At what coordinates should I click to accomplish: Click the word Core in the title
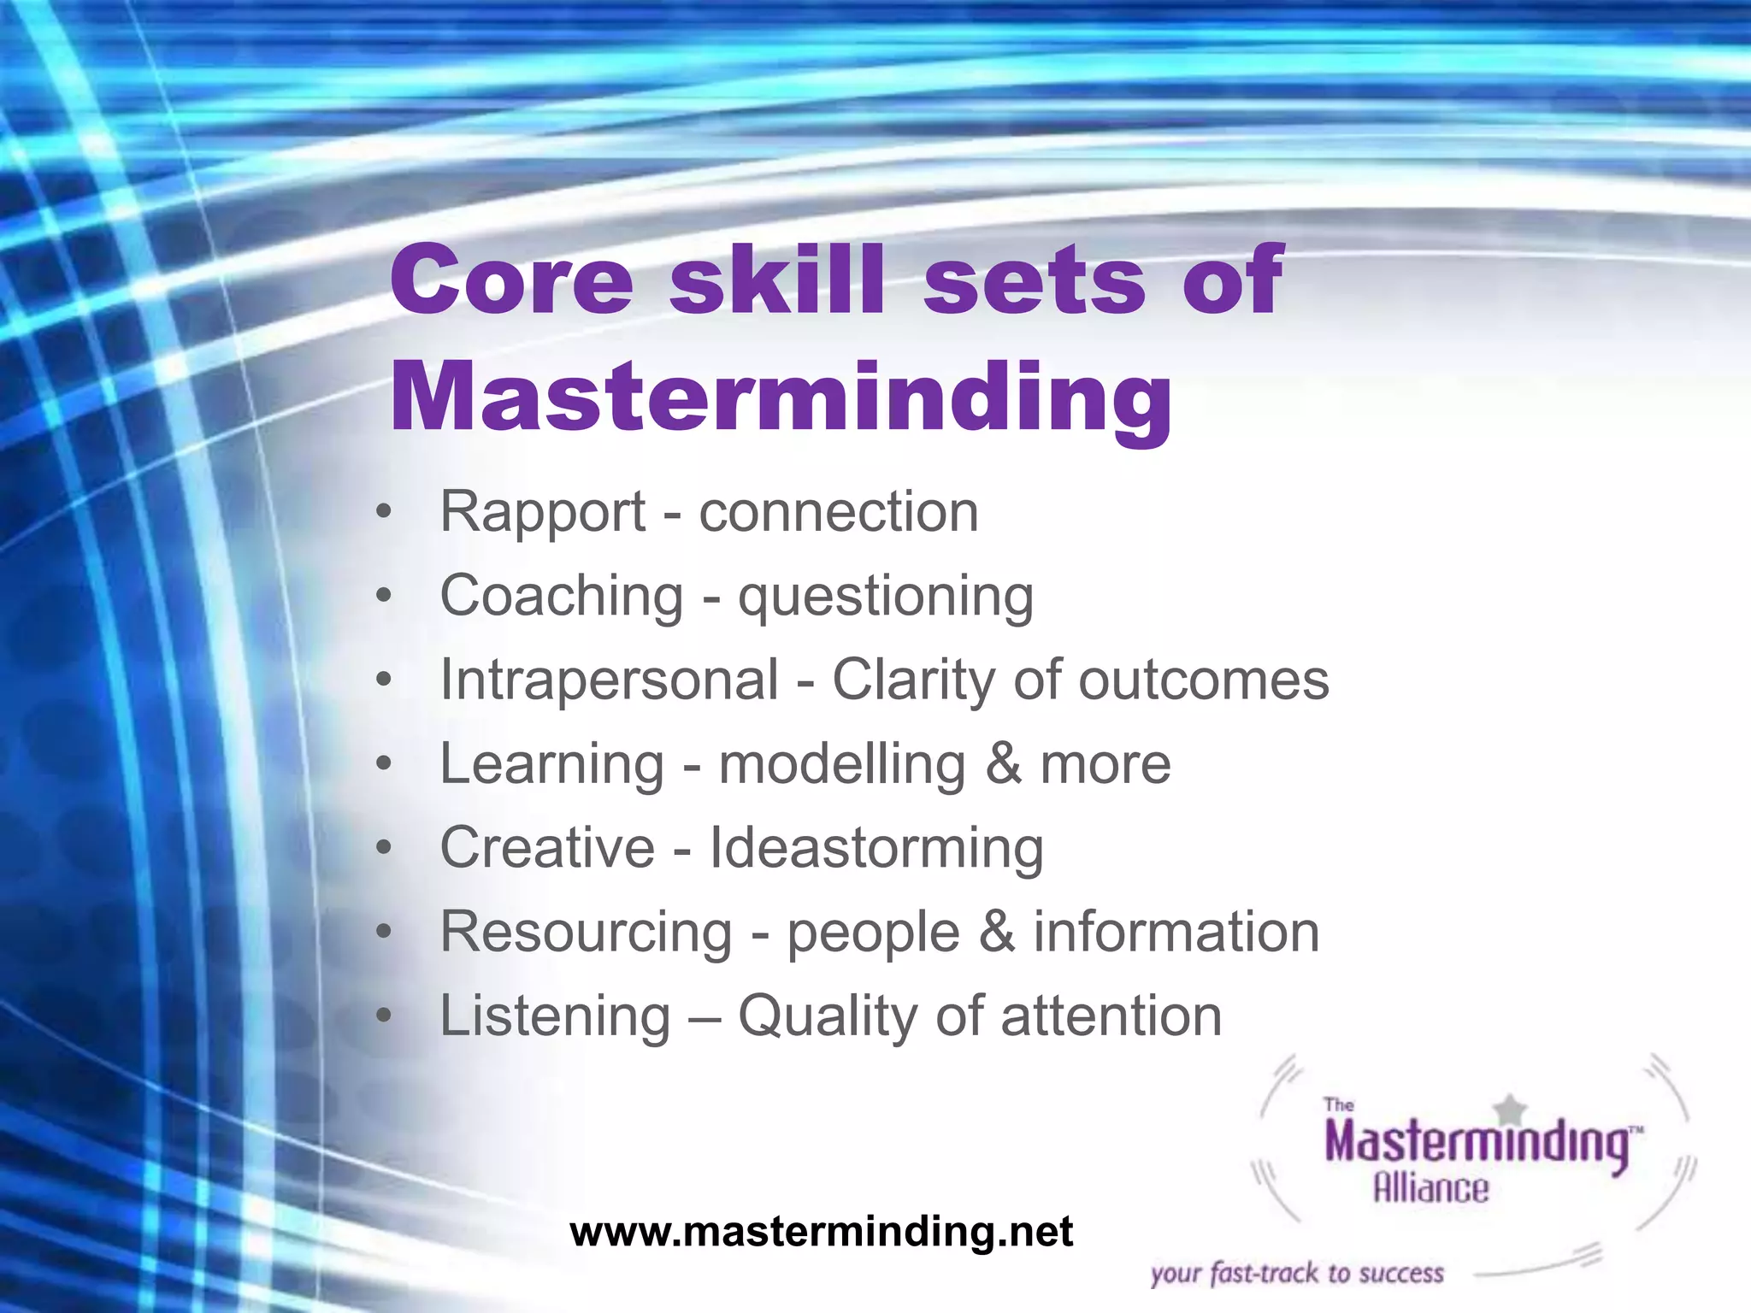click(x=511, y=280)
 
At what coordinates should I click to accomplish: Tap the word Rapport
click(x=542, y=513)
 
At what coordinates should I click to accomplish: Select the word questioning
click(x=886, y=597)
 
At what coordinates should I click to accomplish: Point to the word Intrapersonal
click(x=609, y=680)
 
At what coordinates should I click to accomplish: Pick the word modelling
click(x=841, y=763)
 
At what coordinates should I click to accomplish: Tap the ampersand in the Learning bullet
click(x=1003, y=763)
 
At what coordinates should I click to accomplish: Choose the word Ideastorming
click(x=875, y=848)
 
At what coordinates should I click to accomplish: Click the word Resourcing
click(x=586, y=932)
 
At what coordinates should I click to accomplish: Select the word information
click(x=1176, y=932)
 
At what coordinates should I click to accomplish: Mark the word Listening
click(x=555, y=1016)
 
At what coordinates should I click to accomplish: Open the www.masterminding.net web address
click(x=821, y=1232)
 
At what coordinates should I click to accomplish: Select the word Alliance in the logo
click(x=1430, y=1188)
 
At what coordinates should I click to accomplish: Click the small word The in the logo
click(x=1338, y=1105)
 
